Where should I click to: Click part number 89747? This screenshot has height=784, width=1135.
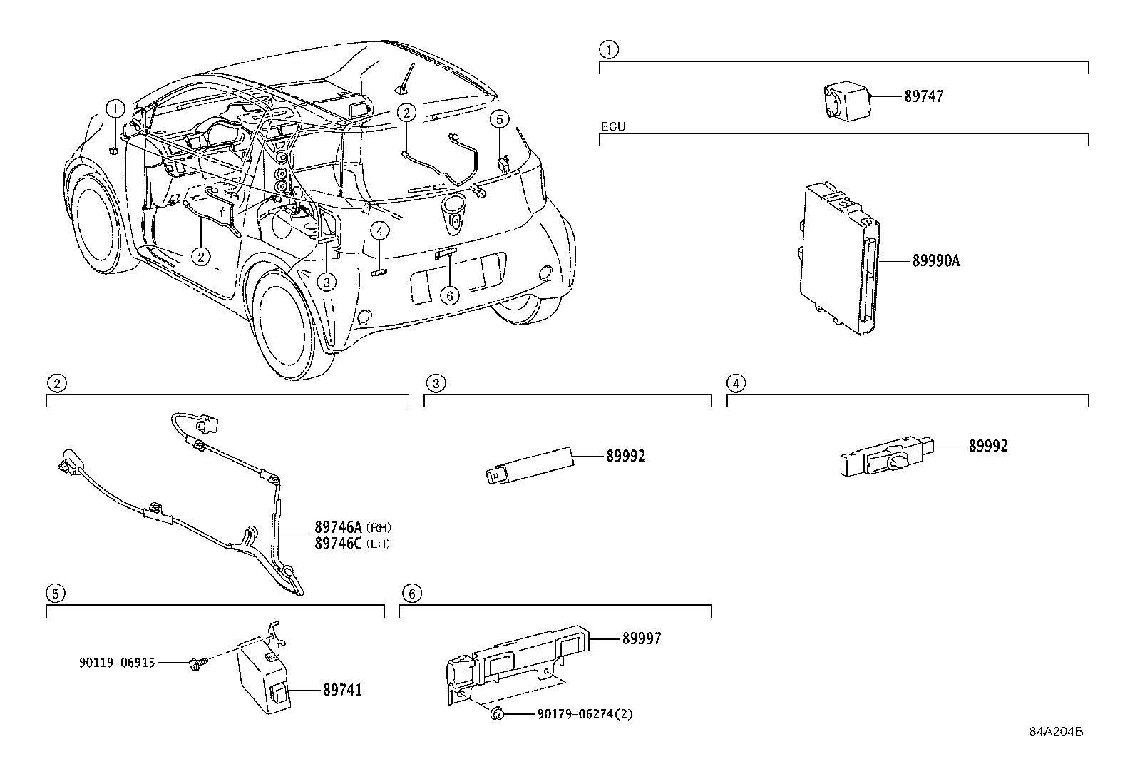coord(923,97)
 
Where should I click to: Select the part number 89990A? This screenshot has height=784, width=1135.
coord(935,261)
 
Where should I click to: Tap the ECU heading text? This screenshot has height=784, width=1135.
coord(612,126)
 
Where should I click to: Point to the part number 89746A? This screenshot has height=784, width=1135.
coord(339,528)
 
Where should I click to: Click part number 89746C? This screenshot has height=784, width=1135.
coord(339,544)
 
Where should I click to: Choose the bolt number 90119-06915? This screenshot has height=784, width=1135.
coord(117,663)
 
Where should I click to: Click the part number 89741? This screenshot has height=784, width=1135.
coord(342,691)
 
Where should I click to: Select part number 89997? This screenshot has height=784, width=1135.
coord(641,639)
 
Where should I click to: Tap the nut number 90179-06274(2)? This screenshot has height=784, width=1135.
coord(581,713)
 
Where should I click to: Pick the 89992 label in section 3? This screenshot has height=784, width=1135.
coord(625,457)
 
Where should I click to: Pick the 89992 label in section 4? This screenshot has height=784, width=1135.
coord(987,447)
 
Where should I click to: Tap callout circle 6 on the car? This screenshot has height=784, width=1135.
coord(449,295)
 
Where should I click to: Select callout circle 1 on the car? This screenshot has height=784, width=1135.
coord(115,109)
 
